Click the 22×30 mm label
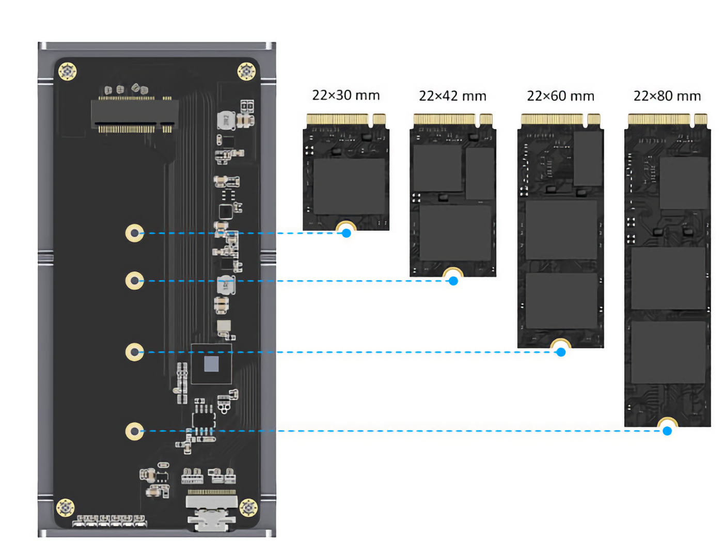[x=346, y=95]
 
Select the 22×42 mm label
[x=452, y=96]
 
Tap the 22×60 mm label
[x=560, y=96]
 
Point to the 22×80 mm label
[x=667, y=96]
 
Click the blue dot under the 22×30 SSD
[x=347, y=233]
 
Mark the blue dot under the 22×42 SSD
[x=453, y=281]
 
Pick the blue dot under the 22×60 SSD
[x=561, y=352]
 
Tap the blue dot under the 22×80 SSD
[x=667, y=431]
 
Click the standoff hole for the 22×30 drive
[x=135, y=233]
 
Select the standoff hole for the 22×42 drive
[x=135, y=281]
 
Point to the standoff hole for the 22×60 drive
[x=135, y=352]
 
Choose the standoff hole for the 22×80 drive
[x=135, y=431]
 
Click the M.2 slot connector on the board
[x=135, y=115]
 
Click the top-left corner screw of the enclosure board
[x=68, y=71]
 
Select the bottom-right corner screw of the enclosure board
[x=248, y=507]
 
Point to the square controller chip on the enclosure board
[x=211, y=364]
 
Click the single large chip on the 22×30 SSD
[x=349, y=186]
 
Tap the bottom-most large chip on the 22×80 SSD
[x=668, y=352]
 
